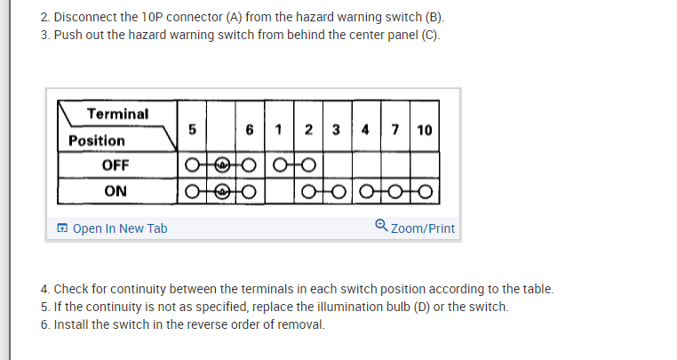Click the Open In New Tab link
[119, 228]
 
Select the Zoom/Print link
[422, 228]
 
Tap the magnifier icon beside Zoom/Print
[381, 227]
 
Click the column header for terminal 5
[191, 130]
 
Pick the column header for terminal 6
[251, 130]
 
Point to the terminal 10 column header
[424, 130]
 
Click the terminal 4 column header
[366, 130]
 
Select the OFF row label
[115, 165]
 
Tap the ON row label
[115, 191]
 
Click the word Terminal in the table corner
[118, 114]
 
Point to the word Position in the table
[97, 140]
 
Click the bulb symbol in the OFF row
[221, 165]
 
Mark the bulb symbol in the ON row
[221, 191]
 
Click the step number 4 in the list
[44, 289]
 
